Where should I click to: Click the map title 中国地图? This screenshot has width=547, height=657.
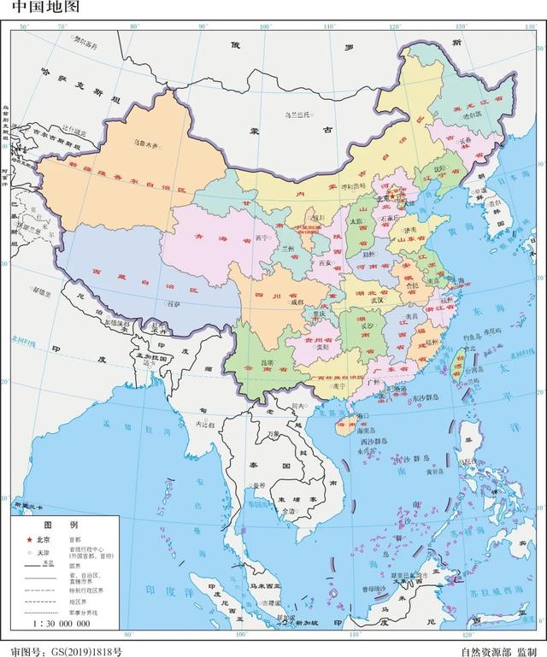[42, 9]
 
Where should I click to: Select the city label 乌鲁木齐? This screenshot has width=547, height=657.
[147, 144]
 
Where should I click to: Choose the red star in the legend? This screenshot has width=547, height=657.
[28, 540]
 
